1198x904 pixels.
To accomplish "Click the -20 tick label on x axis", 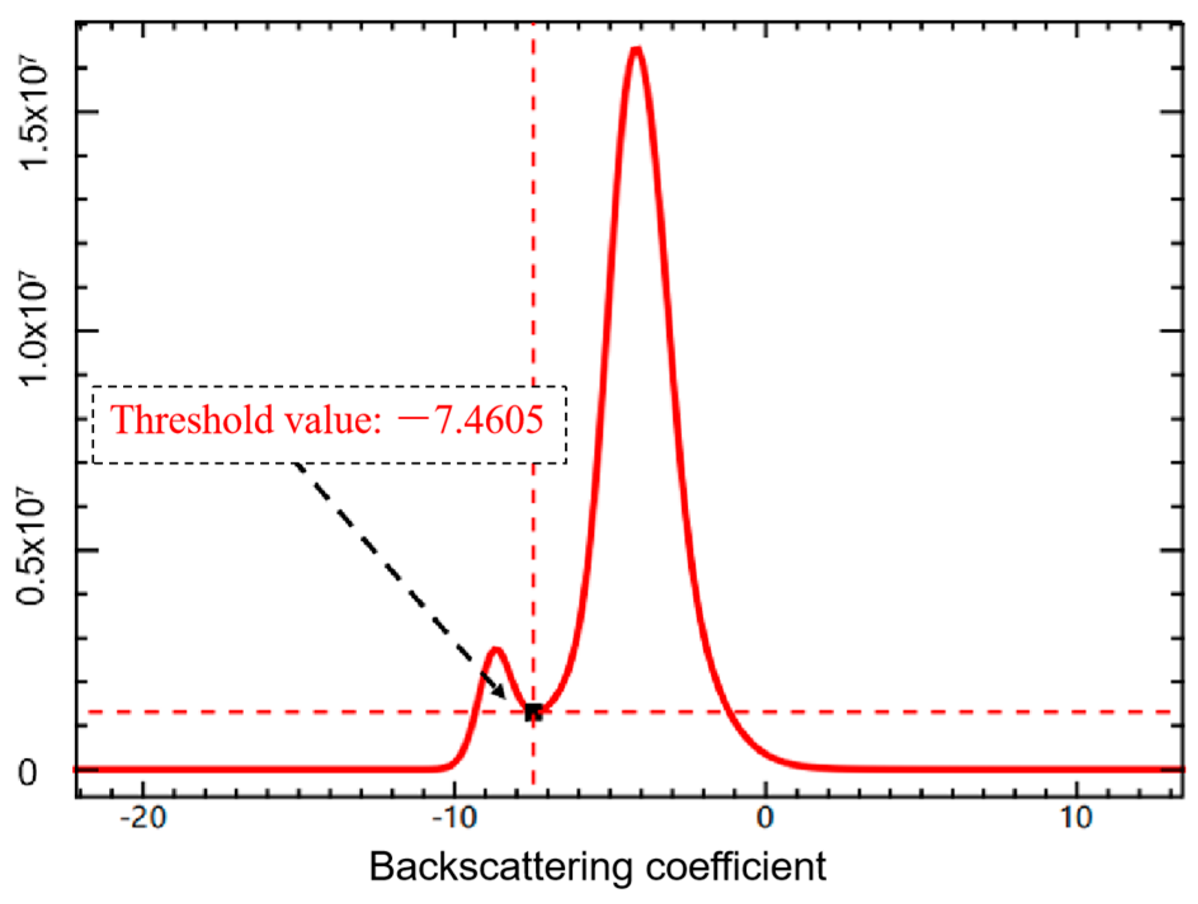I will [x=143, y=818].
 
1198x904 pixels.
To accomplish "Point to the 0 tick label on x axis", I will [x=765, y=818].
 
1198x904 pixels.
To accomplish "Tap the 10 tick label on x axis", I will [x=1076, y=818].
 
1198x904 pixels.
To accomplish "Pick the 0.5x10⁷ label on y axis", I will [x=33, y=550].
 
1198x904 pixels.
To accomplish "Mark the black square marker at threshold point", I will [x=533, y=712].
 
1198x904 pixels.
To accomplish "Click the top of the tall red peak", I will [x=636, y=49].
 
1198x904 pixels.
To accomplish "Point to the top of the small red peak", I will [x=496, y=649].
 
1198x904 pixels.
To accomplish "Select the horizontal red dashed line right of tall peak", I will [x=952, y=712].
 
